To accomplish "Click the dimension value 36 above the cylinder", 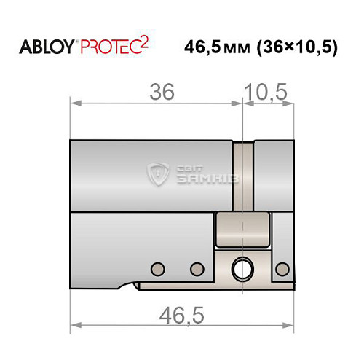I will click(162, 93).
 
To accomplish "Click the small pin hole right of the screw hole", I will click(281, 269).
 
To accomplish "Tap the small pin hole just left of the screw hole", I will click(195, 268).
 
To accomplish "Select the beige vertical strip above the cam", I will click(243, 175).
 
